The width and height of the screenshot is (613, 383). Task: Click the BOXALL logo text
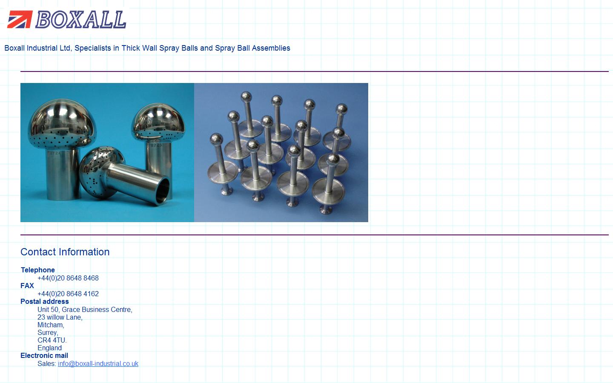[81, 20]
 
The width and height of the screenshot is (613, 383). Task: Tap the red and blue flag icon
[20, 20]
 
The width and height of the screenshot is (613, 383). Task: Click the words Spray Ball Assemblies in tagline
[252, 48]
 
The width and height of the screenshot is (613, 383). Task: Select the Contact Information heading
[65, 252]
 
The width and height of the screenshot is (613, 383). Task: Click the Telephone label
[37, 270]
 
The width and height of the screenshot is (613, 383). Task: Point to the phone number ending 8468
[68, 278]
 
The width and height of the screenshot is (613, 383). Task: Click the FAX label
[27, 286]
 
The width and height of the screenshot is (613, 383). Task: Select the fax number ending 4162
[68, 294]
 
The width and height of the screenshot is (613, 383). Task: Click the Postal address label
[44, 301]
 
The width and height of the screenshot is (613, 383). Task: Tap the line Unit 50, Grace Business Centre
[85, 309]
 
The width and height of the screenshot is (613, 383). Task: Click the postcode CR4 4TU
[52, 340]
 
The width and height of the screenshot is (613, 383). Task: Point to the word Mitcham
[51, 325]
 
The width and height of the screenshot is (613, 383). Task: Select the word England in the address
[49, 348]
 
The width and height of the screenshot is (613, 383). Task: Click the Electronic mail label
[44, 355]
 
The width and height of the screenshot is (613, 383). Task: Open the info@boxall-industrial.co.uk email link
[98, 363]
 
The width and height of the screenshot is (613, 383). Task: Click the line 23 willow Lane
[60, 317]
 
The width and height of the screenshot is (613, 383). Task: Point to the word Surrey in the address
[48, 332]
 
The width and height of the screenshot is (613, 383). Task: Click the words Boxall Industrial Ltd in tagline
[37, 48]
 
